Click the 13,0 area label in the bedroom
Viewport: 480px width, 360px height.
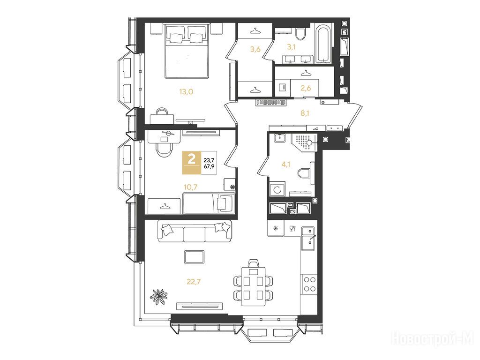pos(186,91)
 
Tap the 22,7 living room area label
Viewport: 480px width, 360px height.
pos(194,281)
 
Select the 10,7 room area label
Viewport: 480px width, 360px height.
pos(190,187)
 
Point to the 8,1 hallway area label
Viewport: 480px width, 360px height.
pos(305,113)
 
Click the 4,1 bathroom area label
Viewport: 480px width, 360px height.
pos(285,165)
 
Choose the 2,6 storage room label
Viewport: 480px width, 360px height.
pos(306,88)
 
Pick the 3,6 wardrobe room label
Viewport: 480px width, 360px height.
pos(255,49)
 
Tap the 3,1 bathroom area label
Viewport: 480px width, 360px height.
pos(291,47)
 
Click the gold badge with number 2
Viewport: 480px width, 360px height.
pos(192,163)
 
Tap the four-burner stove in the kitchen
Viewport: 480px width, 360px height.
pos(309,284)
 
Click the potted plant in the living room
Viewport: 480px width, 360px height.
pos(159,296)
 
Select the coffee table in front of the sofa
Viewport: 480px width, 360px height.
pos(195,256)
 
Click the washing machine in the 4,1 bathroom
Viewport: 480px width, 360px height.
pos(277,190)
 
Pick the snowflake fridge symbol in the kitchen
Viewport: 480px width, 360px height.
pos(276,228)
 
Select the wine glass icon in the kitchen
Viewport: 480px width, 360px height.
pos(292,228)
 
